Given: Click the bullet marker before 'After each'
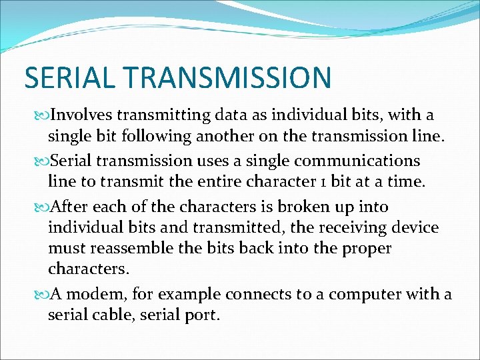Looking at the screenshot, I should [x=43, y=207].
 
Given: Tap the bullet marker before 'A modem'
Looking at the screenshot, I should [x=43, y=295].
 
